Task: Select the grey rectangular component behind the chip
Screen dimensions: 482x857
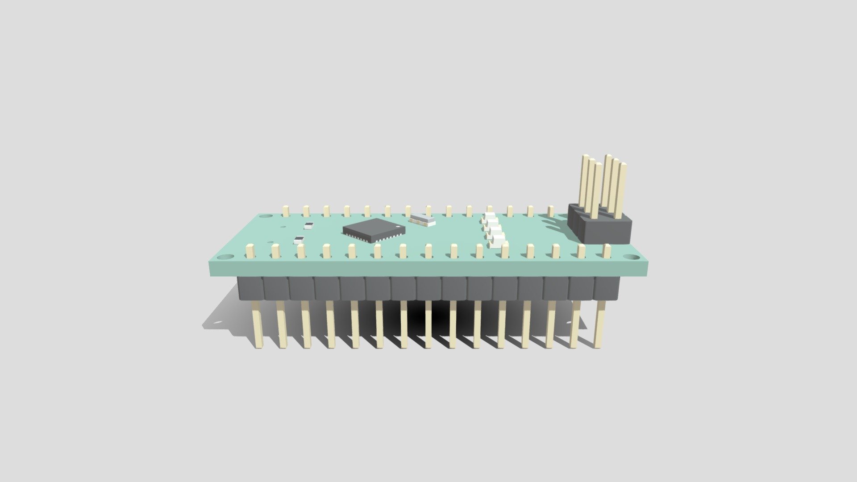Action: pos(422,219)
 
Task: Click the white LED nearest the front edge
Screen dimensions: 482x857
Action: pos(499,244)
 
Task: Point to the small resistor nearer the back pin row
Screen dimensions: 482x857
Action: pos(308,225)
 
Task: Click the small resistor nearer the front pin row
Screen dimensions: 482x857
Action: pos(298,240)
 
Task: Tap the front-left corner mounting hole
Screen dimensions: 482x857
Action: pos(226,257)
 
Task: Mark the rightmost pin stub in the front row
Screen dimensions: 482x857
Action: pos(607,251)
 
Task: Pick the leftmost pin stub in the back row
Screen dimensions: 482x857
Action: pos(286,210)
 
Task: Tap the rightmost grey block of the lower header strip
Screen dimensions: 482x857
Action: pos(607,288)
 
